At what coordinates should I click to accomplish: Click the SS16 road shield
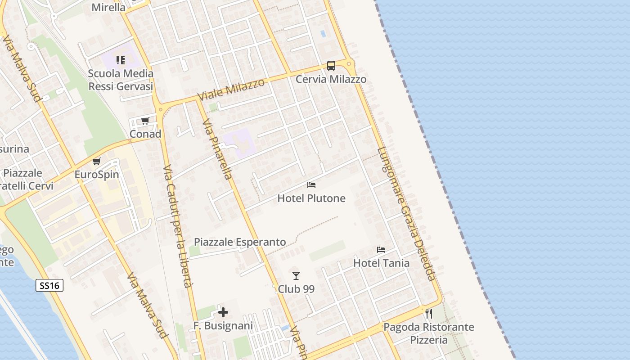coord(49,285)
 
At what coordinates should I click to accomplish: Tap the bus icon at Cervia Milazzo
coord(331,66)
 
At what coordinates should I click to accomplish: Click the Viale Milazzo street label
coord(231,90)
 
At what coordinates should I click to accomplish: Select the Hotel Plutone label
coord(311,198)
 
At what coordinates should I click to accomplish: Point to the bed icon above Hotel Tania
coord(381,250)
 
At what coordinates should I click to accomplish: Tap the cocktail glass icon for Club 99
coord(296,275)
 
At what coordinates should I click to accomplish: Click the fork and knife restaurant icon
coord(428,313)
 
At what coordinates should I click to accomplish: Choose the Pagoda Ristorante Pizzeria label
coord(428,333)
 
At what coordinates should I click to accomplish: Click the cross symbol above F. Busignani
coord(223,312)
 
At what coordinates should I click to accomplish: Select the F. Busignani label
coord(223,325)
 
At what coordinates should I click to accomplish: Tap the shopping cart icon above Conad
coord(145,121)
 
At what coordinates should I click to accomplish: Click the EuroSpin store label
coord(97,174)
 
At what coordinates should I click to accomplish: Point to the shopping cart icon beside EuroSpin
coord(96,162)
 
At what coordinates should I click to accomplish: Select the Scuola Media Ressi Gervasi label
coord(121,80)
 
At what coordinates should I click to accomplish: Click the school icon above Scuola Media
coord(120,60)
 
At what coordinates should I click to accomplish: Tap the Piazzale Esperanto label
coord(240,242)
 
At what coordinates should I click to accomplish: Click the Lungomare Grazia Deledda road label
coord(407,214)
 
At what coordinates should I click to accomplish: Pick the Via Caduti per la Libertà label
coord(177,227)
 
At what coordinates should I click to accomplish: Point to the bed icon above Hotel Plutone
coord(311,185)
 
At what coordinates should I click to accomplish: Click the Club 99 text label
coord(296,289)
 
